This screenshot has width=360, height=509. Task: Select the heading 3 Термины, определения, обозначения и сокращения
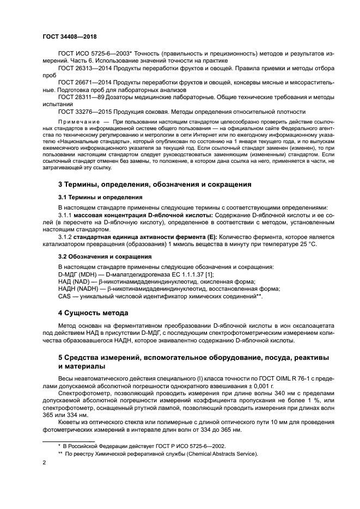(155, 185)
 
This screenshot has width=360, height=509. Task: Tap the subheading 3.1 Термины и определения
(93, 197)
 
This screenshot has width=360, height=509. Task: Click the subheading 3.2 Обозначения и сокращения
(96, 255)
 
